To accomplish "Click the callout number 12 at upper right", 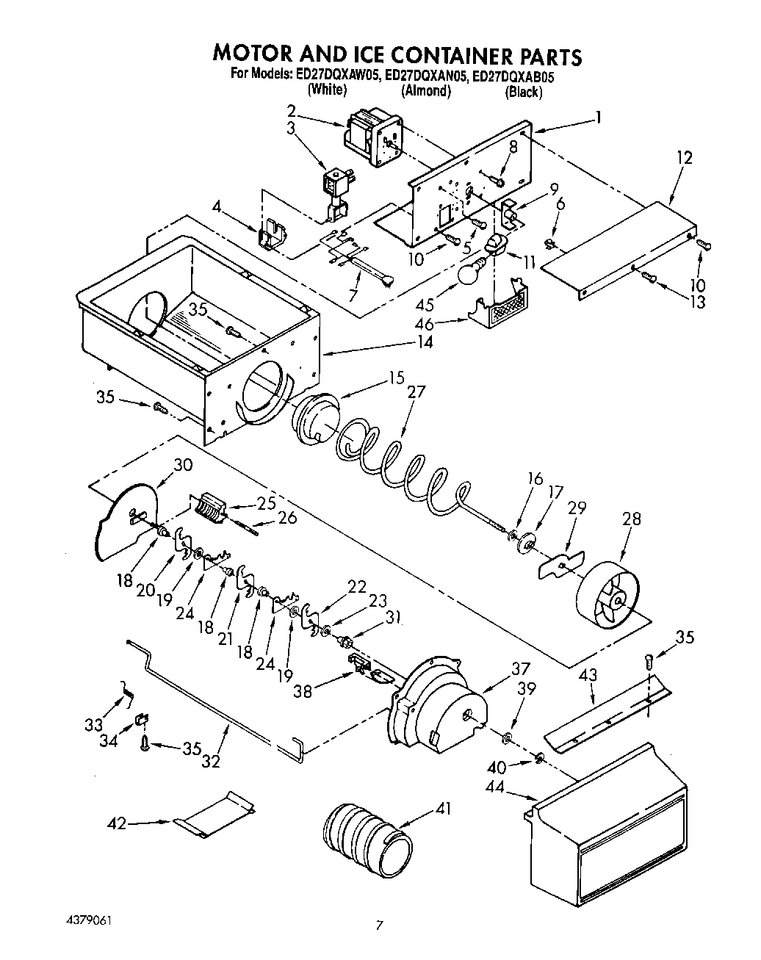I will pyautogui.click(x=685, y=157).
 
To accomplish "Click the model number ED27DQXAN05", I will pyautogui.click(x=425, y=74).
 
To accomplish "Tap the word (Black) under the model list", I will pyautogui.click(x=523, y=92).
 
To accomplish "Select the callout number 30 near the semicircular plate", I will pyautogui.click(x=183, y=464).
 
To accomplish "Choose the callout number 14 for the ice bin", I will pyautogui.click(x=423, y=342).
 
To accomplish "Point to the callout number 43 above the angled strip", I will pyautogui.click(x=588, y=674).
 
